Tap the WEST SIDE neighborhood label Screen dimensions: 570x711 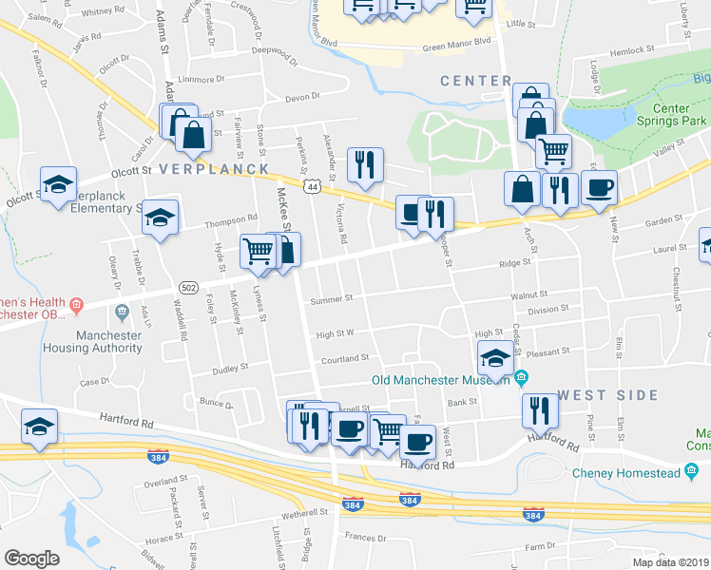(607, 394)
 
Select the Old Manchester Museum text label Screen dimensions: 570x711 (441, 380)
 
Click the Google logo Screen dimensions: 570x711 (31, 559)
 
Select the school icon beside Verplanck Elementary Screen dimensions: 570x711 (161, 218)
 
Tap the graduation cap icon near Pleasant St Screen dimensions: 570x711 (493, 358)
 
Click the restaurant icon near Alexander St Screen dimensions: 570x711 (364, 164)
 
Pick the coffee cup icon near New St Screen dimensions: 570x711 (599, 186)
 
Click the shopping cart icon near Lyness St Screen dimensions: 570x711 (257, 250)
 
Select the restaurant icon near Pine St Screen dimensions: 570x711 (539, 409)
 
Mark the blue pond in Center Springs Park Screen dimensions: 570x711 (595, 118)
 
